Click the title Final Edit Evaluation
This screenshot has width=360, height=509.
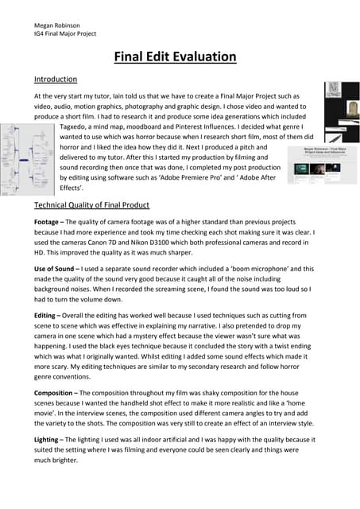point(176,56)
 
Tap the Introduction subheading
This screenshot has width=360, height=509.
point(56,80)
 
